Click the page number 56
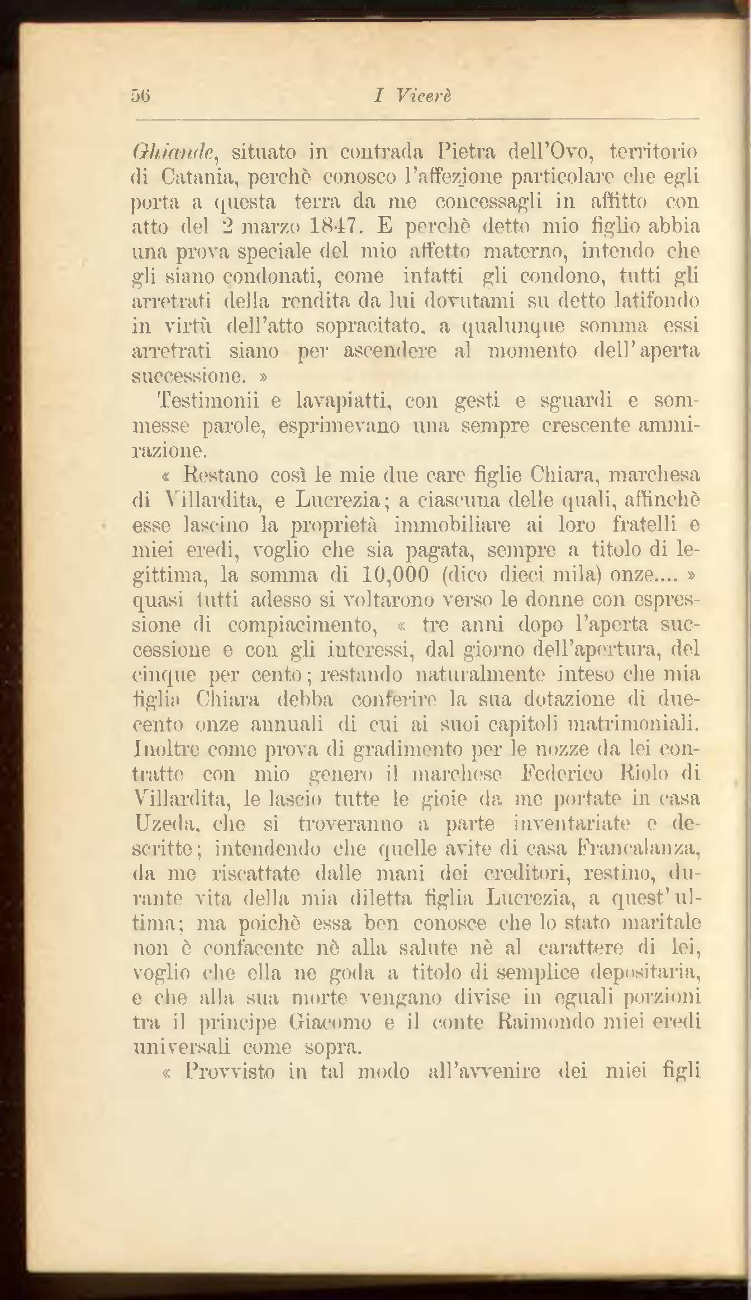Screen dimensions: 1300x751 [142, 95]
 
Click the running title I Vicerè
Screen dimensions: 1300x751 [412, 95]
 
